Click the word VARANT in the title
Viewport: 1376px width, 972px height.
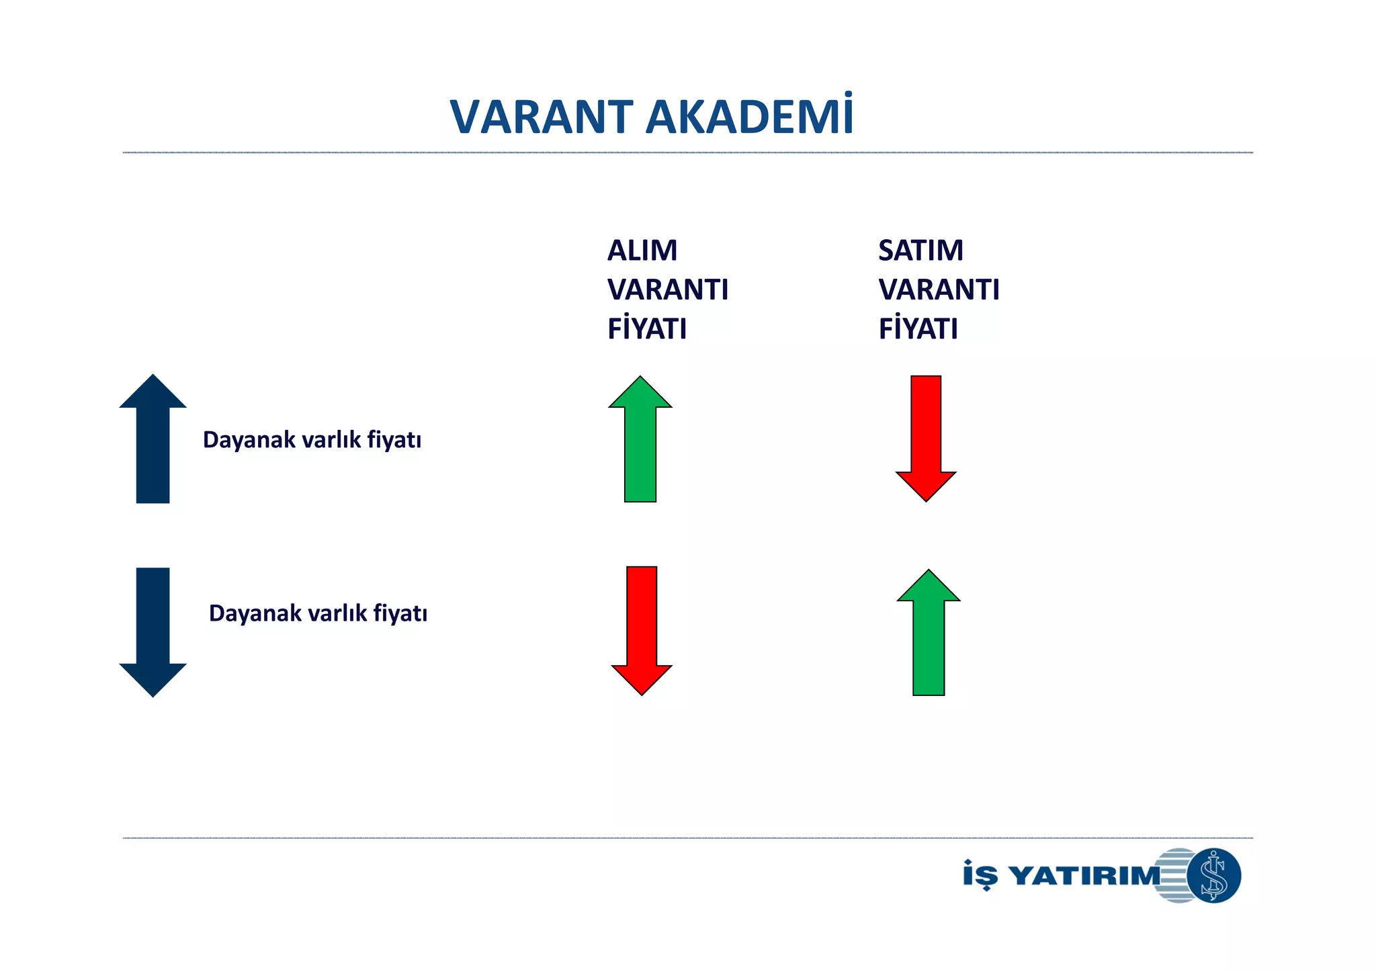pos(542,118)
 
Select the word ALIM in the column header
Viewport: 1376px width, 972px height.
pos(642,251)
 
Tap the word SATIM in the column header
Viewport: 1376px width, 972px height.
pos(920,251)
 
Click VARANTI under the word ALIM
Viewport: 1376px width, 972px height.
pos(668,290)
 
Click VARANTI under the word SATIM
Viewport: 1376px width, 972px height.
pos(939,290)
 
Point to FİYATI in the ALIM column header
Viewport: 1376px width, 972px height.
pos(647,329)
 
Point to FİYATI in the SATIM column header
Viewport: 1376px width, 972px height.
pos(918,329)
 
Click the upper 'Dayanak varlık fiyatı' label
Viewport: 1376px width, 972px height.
pos(312,440)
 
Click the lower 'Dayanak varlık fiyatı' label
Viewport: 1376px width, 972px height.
pos(318,613)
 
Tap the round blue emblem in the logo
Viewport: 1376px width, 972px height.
pos(1213,875)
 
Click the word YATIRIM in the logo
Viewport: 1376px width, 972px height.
pos(1086,876)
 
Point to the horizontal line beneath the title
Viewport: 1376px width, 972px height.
pos(687,153)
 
